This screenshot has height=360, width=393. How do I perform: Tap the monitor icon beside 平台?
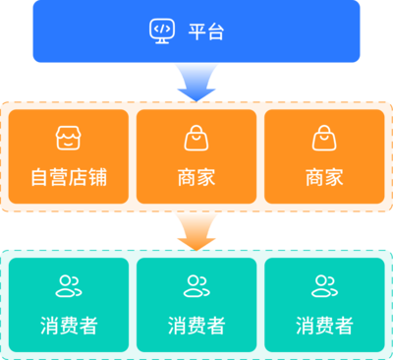162,31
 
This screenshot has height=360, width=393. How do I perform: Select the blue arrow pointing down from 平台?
196,83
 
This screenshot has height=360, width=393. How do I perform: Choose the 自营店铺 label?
69,178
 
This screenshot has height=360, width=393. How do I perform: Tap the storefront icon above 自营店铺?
68,139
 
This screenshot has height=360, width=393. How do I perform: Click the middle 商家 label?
196,178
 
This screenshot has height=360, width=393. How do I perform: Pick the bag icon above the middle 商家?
196,139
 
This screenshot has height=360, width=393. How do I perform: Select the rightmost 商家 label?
324,178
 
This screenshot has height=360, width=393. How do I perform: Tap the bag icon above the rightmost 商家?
324,139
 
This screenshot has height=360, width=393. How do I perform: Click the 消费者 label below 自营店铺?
69,326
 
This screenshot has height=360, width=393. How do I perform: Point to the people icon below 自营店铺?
69,286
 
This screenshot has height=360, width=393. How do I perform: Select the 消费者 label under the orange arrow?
196,326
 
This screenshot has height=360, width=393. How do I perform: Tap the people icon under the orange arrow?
196,286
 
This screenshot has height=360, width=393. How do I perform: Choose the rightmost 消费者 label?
324,326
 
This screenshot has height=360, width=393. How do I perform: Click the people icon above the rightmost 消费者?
324,286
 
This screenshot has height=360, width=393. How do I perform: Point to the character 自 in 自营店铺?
40,178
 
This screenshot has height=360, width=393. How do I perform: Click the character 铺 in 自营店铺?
97,178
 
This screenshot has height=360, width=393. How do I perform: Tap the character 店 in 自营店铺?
79,178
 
